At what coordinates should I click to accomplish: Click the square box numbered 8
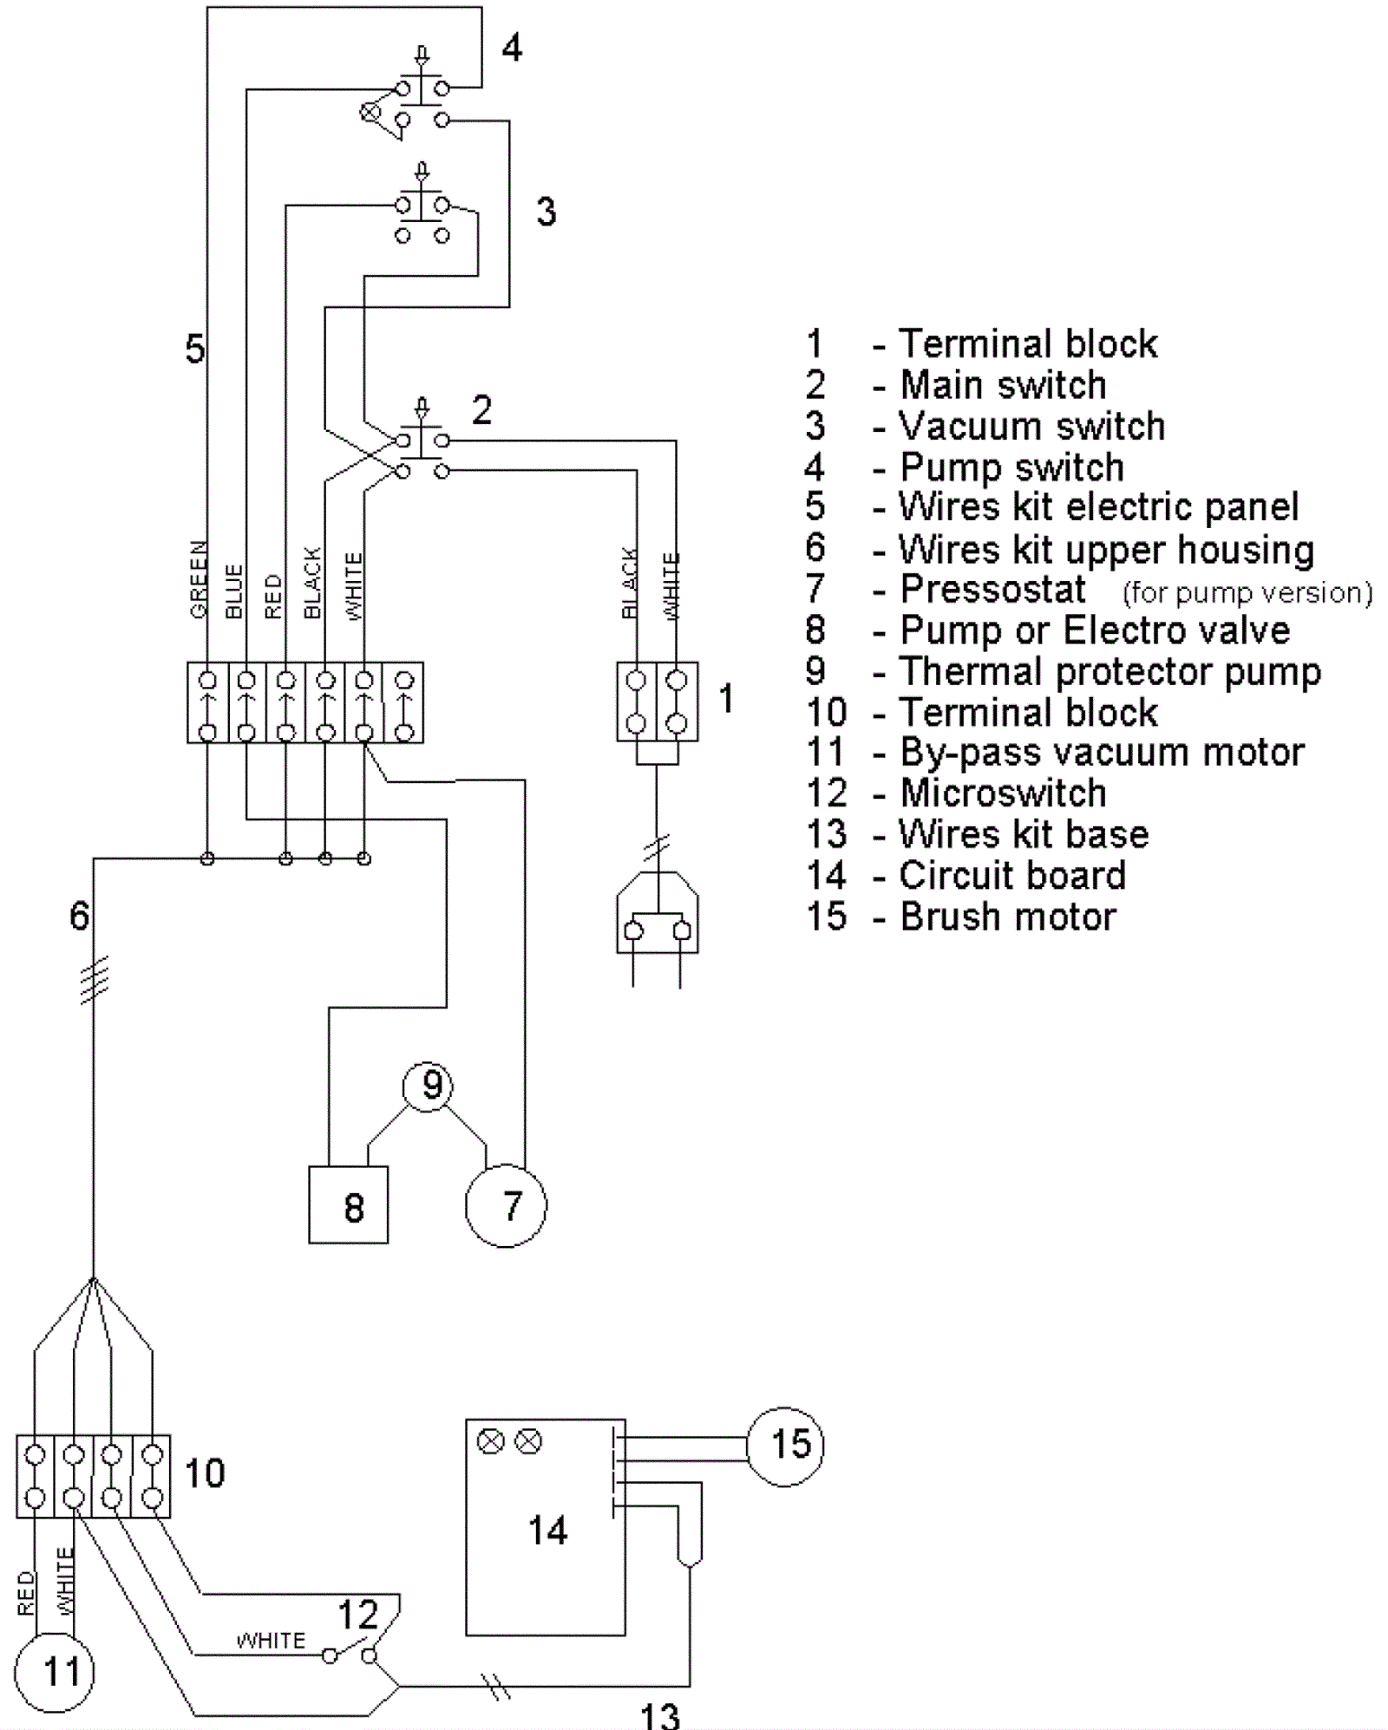(x=348, y=1206)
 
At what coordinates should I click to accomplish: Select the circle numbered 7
(x=507, y=1206)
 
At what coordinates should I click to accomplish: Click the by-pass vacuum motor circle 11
(x=54, y=1670)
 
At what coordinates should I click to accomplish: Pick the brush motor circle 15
(x=786, y=1445)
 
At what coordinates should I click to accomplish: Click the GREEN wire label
(x=199, y=579)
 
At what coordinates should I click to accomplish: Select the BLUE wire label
(x=233, y=591)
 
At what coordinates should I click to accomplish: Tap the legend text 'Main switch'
(x=1003, y=384)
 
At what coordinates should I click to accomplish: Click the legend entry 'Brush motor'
(x=1008, y=917)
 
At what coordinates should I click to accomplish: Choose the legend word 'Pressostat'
(x=992, y=590)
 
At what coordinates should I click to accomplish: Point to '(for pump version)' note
(x=1247, y=593)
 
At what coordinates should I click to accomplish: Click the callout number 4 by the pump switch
(x=512, y=48)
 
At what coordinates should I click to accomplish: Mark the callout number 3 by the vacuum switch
(x=546, y=211)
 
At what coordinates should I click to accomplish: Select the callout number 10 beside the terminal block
(x=205, y=1472)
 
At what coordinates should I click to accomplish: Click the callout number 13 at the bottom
(x=660, y=1714)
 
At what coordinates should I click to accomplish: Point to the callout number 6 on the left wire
(x=79, y=916)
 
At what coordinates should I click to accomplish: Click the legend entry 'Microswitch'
(x=1003, y=793)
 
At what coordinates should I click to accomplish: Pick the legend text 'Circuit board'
(x=1012, y=875)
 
